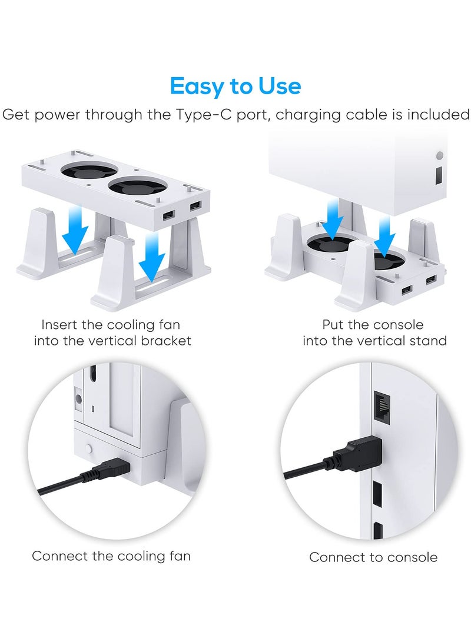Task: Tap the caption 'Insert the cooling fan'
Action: [x=111, y=325]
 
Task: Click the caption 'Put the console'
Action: [x=373, y=325]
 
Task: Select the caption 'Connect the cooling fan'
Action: [x=111, y=556]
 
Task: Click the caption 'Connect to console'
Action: [x=373, y=557]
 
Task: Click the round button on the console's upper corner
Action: [x=439, y=157]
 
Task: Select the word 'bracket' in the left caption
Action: [x=167, y=341]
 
